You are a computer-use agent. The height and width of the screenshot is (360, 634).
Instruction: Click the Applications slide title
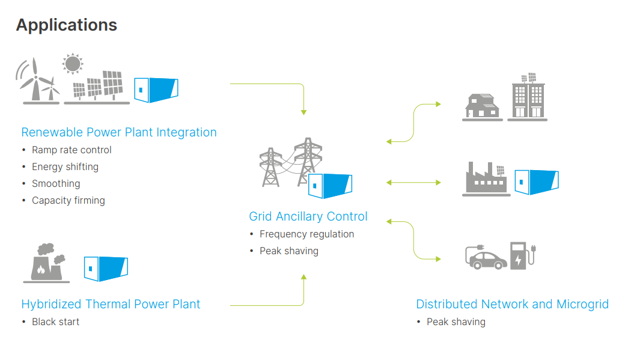(x=67, y=25)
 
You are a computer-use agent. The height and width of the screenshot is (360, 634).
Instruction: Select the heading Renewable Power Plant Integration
(x=119, y=132)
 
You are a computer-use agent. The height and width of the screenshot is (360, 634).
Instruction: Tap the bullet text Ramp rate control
(x=72, y=150)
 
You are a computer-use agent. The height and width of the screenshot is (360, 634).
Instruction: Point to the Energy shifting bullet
(x=65, y=167)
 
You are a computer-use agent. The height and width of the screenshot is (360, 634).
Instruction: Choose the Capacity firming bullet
(x=69, y=201)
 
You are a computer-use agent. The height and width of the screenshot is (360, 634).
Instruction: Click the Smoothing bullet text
(x=56, y=184)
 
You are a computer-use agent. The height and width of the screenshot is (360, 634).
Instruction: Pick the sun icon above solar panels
(x=73, y=64)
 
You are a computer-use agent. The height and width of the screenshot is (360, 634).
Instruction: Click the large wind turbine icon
(x=35, y=79)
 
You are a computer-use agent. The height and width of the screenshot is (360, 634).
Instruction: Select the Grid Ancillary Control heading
(x=308, y=216)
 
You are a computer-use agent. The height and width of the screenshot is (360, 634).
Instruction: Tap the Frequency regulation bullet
(x=307, y=234)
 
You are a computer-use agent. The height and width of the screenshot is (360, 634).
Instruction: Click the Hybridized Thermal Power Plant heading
(x=111, y=304)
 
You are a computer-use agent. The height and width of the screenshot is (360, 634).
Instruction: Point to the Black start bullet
(x=56, y=322)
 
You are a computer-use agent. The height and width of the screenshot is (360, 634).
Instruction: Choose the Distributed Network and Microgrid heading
(x=512, y=304)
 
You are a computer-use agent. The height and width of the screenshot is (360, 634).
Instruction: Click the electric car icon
(x=486, y=258)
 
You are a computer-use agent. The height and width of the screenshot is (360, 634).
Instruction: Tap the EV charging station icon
(x=523, y=255)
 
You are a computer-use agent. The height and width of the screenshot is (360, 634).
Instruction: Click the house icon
(x=482, y=106)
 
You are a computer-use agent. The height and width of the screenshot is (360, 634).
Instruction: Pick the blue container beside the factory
(x=537, y=182)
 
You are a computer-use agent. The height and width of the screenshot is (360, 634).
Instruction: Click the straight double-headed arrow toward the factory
(x=413, y=183)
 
